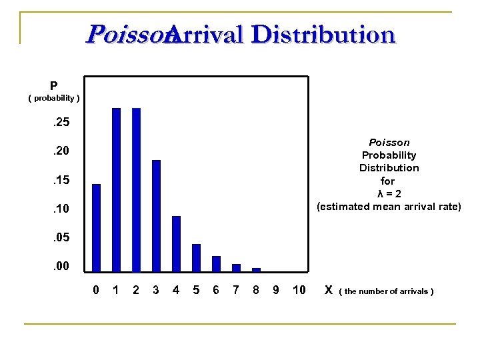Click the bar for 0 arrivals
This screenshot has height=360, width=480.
96,227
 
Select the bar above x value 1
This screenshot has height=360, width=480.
116,189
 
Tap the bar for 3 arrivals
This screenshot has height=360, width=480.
156,215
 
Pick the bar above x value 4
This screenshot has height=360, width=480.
176,243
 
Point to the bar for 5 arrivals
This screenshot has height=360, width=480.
196,257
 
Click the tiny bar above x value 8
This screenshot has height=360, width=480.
256,269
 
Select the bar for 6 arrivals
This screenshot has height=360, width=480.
216,263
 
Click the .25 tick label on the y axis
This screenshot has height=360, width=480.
61,123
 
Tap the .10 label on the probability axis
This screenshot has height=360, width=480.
61,209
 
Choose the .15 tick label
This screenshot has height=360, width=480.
61,181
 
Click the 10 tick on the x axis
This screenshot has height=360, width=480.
299,290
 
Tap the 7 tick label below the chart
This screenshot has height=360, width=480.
235,290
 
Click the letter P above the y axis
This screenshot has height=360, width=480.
53,86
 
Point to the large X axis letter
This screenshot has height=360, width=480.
328,289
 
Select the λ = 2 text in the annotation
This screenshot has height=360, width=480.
389,193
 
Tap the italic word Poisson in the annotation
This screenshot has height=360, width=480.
389,143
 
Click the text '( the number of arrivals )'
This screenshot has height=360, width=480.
387,291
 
